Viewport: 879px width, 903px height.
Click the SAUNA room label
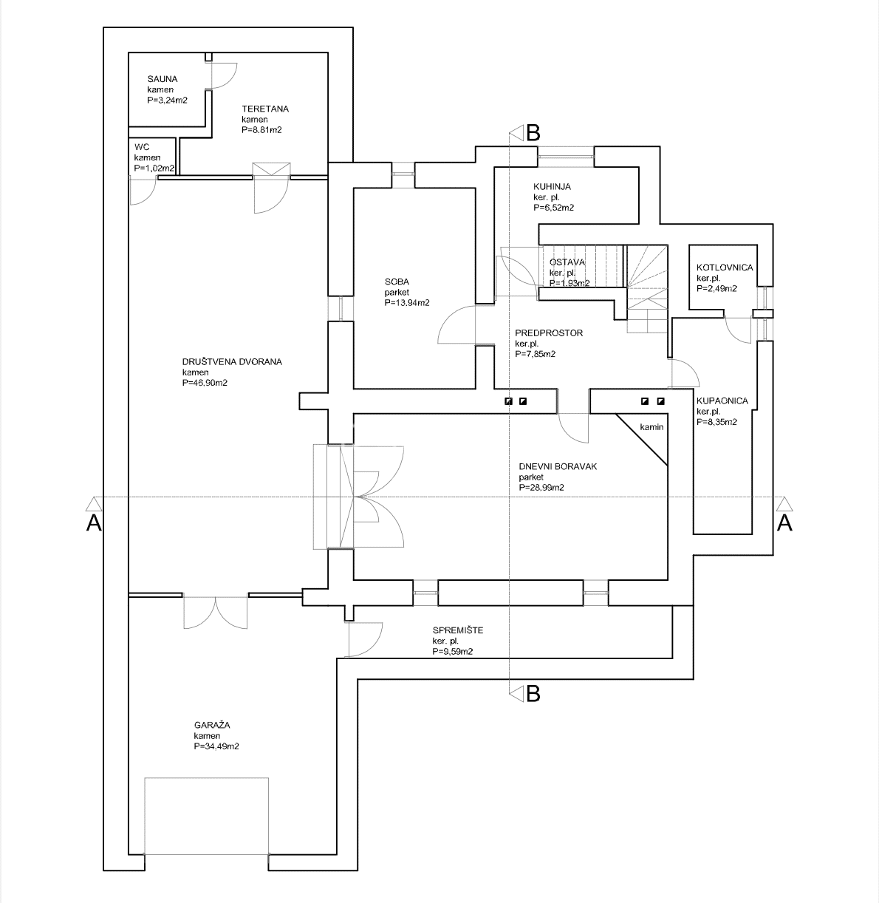pyautogui.click(x=163, y=79)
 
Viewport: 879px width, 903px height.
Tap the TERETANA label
pyautogui.click(x=265, y=109)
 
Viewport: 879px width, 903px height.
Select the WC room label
pyautogui.click(x=142, y=147)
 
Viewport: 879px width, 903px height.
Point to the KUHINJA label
pyautogui.click(x=552, y=186)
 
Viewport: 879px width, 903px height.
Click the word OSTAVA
pyautogui.click(x=567, y=262)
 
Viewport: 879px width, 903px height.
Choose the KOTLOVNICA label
pyautogui.click(x=725, y=268)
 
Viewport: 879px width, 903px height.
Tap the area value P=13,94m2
pyautogui.click(x=407, y=303)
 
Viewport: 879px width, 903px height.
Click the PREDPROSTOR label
pyautogui.click(x=549, y=333)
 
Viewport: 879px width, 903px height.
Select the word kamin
pyautogui.click(x=651, y=427)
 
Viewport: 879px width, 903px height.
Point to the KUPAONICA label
pyautogui.click(x=722, y=401)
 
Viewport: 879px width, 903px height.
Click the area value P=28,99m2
pyautogui.click(x=541, y=488)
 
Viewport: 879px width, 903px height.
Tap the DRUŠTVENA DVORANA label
pyautogui.click(x=232, y=361)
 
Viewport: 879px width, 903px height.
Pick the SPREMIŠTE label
pyautogui.click(x=458, y=630)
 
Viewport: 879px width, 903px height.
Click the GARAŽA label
pyautogui.click(x=212, y=725)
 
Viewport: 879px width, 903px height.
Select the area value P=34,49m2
pyautogui.click(x=216, y=746)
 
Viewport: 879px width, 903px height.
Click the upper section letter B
pyautogui.click(x=533, y=133)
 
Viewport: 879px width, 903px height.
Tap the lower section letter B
pyautogui.click(x=533, y=694)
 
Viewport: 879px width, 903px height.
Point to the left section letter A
pyautogui.click(x=94, y=523)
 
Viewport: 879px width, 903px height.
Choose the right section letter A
pyautogui.click(x=784, y=523)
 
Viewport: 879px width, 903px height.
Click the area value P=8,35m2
pyautogui.click(x=716, y=422)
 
